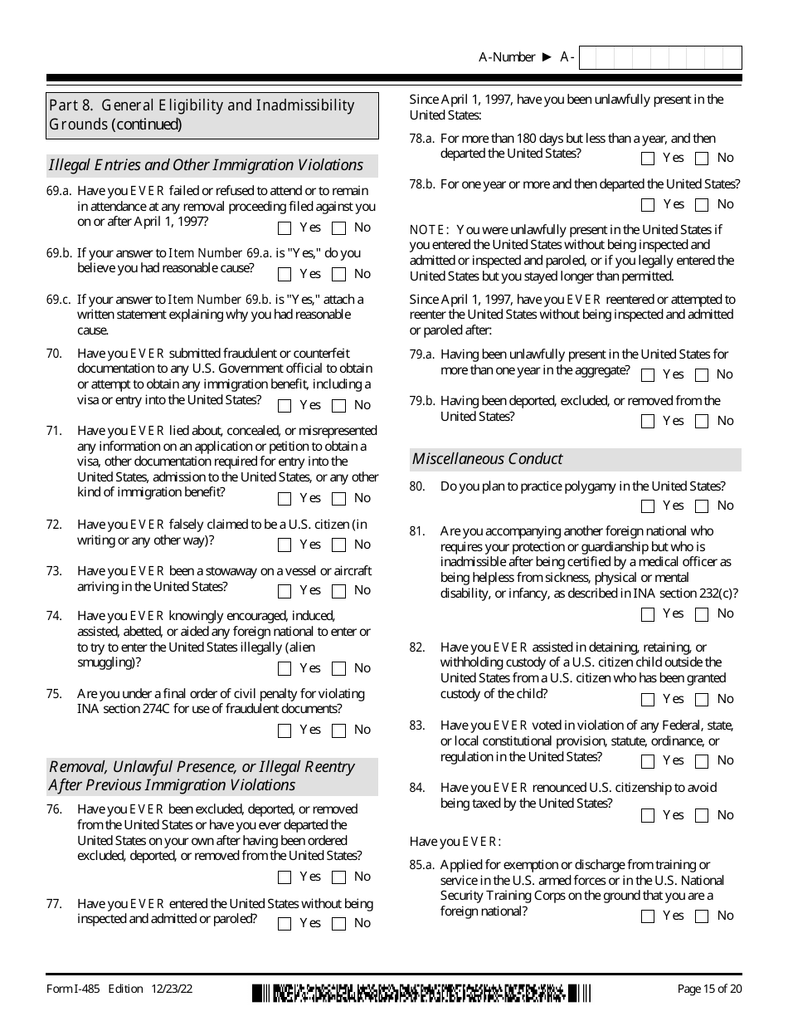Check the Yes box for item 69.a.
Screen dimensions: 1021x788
285,228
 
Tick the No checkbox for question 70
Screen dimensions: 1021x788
338,406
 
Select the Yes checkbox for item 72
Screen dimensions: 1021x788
285,545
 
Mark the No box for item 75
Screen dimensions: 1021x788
338,730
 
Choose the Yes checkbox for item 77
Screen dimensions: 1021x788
285,924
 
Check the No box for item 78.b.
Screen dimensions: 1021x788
702,205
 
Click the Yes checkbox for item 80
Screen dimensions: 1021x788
648,506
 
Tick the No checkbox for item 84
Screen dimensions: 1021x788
702,816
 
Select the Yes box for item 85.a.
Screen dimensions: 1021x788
648,916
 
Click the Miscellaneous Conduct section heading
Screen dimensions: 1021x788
488,459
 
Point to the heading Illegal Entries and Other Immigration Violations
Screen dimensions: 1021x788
206,165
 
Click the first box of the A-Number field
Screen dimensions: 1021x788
587,57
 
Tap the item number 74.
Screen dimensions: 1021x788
54,616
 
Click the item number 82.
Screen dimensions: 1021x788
417,647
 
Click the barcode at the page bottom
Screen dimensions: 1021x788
421,993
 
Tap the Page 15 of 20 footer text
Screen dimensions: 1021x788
709,989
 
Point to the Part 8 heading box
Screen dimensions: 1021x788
212,115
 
